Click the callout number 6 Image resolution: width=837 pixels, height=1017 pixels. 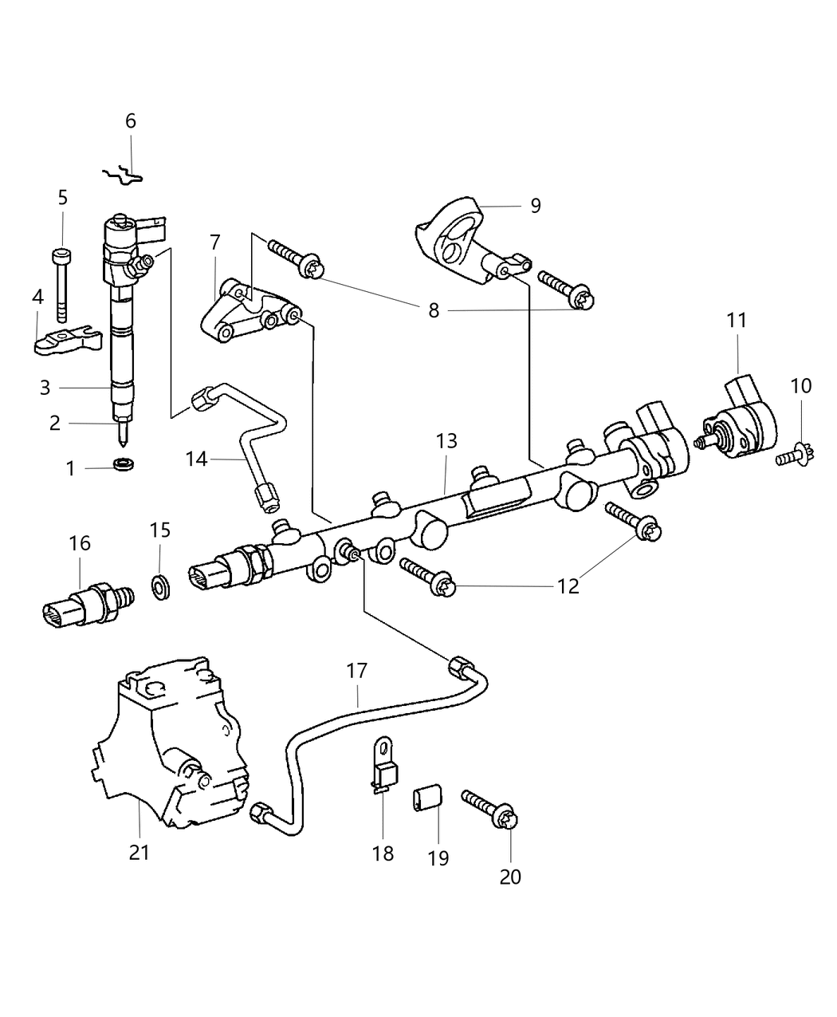[x=131, y=121]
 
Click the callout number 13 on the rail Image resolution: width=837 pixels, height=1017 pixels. [x=446, y=441]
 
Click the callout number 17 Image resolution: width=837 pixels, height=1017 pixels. [x=357, y=672]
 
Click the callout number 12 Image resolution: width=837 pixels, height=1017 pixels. [x=568, y=586]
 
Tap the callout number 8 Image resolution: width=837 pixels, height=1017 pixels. [x=434, y=309]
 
